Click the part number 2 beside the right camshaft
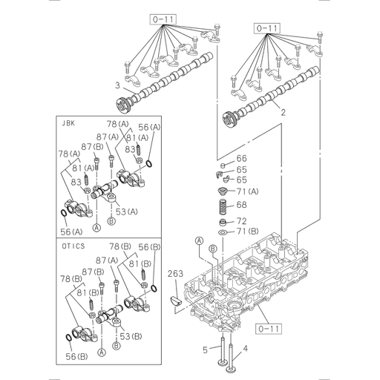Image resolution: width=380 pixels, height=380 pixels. pos(282,113)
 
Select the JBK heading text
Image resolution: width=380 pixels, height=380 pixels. pos(68,124)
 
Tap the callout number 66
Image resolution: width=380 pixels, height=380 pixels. pos(241,159)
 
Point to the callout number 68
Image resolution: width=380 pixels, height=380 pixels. pos(241,204)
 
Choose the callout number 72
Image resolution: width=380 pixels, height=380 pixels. pos(241,221)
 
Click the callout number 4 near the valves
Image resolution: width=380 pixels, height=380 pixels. pos(246,347)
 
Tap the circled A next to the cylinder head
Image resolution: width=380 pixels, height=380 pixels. pos(199,240)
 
